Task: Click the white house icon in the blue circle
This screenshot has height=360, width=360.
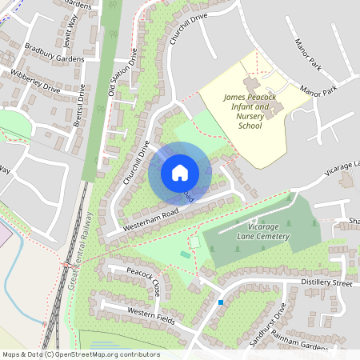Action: click(x=179, y=173)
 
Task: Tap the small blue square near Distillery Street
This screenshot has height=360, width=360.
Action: click(x=221, y=302)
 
